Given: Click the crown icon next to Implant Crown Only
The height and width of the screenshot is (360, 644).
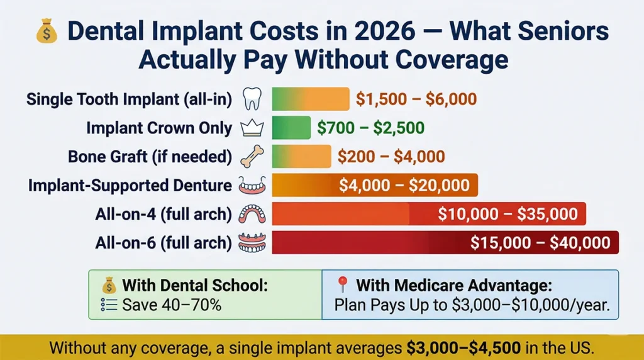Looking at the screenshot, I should tap(250, 128).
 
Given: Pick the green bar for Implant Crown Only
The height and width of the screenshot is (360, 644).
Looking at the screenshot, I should tap(291, 128).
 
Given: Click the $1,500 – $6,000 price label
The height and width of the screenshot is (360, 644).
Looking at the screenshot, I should tap(416, 99).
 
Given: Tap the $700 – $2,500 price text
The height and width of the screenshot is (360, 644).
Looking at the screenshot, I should tap(370, 128).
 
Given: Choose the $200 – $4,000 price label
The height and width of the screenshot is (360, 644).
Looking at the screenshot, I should tap(391, 156).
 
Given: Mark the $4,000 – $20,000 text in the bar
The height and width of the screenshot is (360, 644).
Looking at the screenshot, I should tap(404, 185).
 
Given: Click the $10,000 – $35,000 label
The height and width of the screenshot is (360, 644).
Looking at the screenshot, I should tap(508, 214).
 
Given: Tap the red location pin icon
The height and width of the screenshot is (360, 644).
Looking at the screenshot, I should tap(342, 285).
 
